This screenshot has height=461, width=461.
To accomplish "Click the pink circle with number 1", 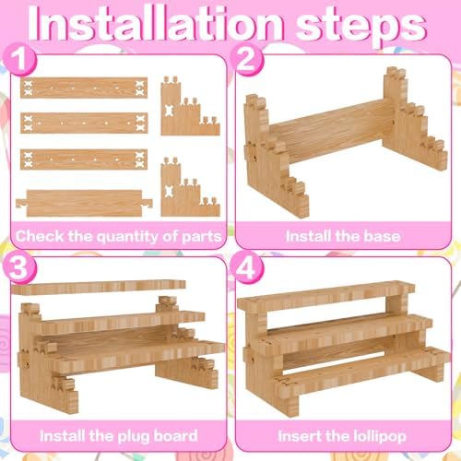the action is pos(19,58).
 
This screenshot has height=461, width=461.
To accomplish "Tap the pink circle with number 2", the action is pos(247,58).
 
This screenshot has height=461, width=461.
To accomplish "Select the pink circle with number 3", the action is pos(19,266).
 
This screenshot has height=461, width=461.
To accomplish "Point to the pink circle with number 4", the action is pos(247,266).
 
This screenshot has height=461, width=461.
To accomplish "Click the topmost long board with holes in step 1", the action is pos(84,88).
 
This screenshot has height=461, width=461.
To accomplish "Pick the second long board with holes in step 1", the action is pos(84,123).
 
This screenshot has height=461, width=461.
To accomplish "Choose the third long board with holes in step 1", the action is pos(84,160).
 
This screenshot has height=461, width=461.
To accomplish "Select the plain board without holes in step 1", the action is pos(84,203).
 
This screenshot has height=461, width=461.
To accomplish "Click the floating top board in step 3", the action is pos(99,288).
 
